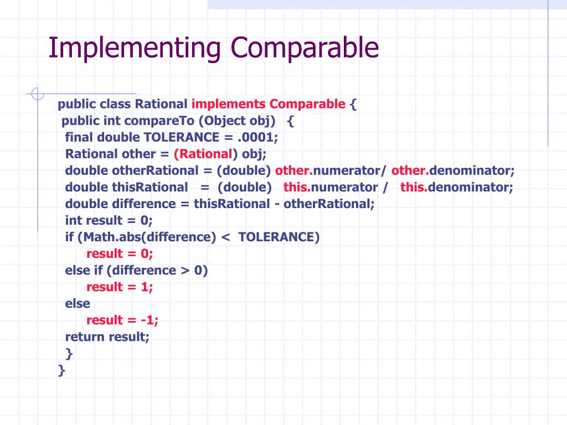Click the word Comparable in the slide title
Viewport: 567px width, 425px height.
(x=306, y=49)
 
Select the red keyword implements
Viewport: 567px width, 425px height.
(x=229, y=105)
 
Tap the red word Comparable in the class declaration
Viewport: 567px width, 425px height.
(x=307, y=105)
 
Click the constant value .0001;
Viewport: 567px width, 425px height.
(x=258, y=137)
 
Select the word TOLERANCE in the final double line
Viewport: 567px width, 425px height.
(x=181, y=137)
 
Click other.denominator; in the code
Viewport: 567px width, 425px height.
(x=453, y=170)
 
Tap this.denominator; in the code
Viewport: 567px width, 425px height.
(x=457, y=187)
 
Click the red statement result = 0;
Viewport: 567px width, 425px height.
(x=120, y=253)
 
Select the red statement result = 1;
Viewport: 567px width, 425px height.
(x=120, y=287)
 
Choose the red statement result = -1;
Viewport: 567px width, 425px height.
(x=122, y=320)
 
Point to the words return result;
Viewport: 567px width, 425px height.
(x=107, y=336)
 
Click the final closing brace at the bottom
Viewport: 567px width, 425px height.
(x=61, y=370)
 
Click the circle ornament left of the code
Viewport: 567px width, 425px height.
(x=38, y=95)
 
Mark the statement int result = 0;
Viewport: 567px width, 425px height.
(x=109, y=220)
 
